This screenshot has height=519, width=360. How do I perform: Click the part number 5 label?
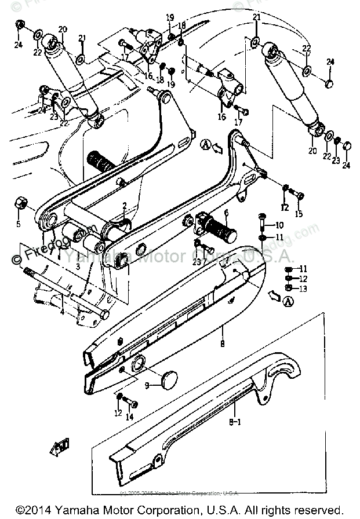pyautogui.click(x=18, y=224)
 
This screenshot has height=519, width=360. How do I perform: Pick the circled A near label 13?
pyautogui.click(x=289, y=299)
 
